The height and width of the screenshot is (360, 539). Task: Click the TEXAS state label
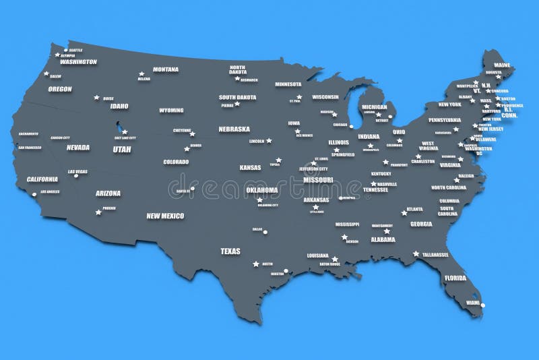tap(230, 251)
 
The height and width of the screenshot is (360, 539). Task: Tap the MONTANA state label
tap(166, 69)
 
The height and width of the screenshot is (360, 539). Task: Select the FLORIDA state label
tap(455, 278)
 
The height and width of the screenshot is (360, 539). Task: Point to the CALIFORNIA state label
tap(42, 179)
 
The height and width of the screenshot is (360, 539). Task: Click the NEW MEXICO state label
tap(165, 216)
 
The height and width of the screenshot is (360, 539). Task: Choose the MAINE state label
tap(503, 66)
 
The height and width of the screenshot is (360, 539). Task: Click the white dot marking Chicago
tap(351, 126)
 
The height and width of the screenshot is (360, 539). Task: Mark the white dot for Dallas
tap(265, 233)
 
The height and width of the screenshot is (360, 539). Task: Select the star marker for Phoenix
tap(98, 212)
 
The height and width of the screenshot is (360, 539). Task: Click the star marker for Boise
tap(97, 97)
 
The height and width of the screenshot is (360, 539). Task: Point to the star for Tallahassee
tap(416, 254)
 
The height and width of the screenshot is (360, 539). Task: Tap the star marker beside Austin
tap(255, 264)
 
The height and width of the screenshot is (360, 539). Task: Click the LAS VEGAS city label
tap(77, 172)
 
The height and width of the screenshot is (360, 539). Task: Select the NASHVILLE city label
tap(387, 184)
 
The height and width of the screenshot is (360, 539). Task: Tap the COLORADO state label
tap(176, 162)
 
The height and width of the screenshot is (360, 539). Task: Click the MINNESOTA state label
tap(288, 84)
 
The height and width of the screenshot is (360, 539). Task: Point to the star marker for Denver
tap(187, 149)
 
